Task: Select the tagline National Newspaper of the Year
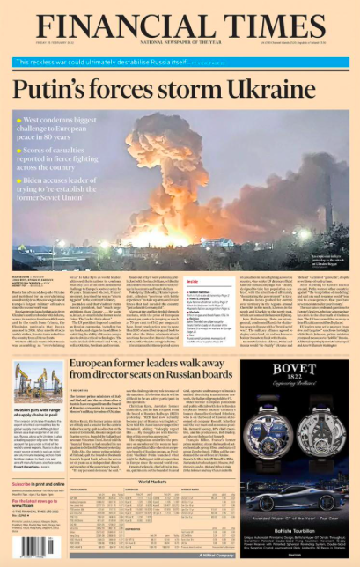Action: pyautogui.click(x=179, y=41)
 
